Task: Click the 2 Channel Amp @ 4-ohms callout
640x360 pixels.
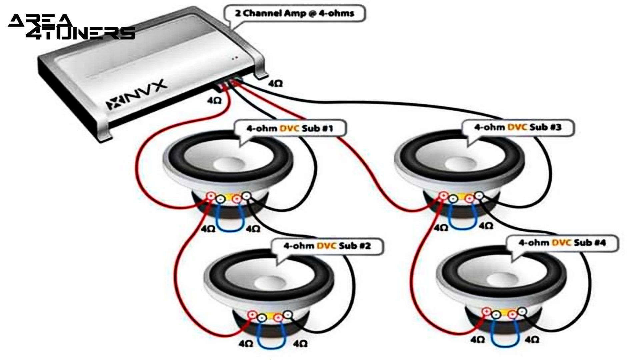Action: tap(294, 14)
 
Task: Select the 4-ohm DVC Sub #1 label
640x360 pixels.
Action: tap(289, 128)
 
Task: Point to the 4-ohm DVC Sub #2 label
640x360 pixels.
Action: tap(327, 246)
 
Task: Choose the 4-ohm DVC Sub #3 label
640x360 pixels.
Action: tap(517, 127)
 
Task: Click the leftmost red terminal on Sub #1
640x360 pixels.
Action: tap(211, 196)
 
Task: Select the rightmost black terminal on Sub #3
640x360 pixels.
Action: tap(479, 195)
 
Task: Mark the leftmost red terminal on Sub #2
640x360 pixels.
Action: tap(252, 314)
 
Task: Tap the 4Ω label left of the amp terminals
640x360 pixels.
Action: tap(214, 100)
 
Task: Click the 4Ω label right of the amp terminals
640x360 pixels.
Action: tap(275, 84)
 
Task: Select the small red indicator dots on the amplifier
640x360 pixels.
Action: tap(235, 58)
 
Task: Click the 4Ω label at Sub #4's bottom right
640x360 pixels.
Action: tap(532, 339)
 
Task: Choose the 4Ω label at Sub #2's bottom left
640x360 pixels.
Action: tap(246, 343)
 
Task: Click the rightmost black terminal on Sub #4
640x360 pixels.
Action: tap(522, 312)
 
